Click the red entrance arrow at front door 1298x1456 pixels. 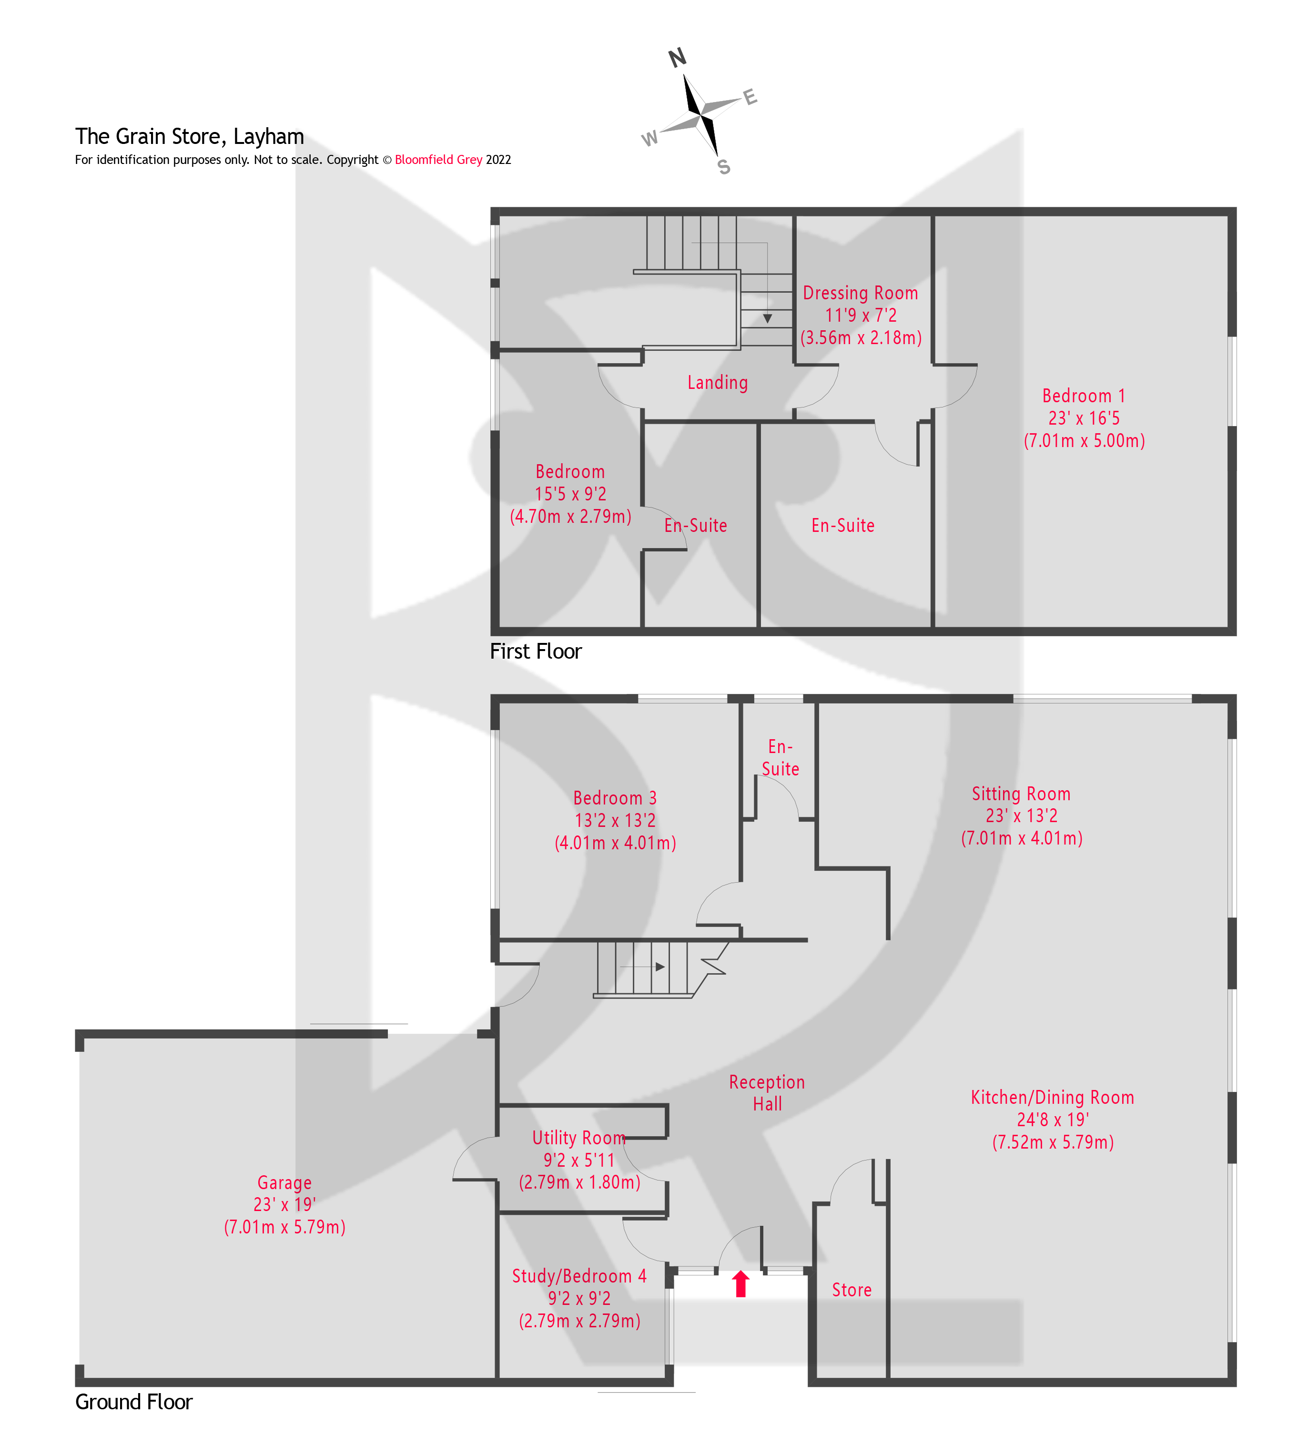pos(740,1283)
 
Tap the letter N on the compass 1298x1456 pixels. pos(677,58)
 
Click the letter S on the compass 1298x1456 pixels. pos(723,167)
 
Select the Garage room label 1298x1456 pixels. pos(284,1183)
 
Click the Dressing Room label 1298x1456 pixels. pos(860,293)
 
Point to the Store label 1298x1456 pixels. pos(852,1290)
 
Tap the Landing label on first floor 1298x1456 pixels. pos(718,383)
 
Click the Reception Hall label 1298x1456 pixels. pos(767,1093)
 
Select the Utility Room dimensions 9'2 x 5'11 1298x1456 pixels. pos(578,1161)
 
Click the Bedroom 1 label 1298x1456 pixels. pos(1083,396)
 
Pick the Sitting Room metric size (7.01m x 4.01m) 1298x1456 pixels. pos(1021,838)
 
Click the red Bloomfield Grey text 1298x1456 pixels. pos(438,160)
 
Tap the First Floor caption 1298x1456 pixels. pos(536,652)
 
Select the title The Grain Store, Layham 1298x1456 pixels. pos(190,136)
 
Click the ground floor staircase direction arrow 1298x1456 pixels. pos(659,967)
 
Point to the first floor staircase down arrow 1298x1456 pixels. pos(767,318)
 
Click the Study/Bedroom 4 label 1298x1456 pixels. pos(579,1276)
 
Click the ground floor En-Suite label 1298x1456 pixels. pos(780,758)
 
